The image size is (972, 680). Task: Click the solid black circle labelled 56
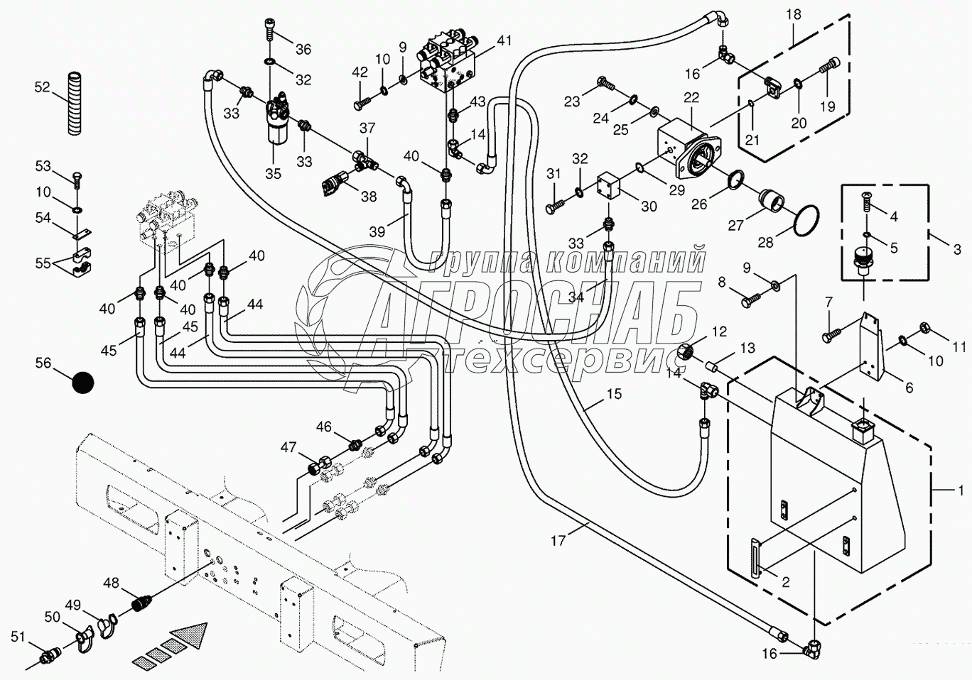pyautogui.click(x=83, y=383)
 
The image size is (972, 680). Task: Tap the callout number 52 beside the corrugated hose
pyautogui.click(x=43, y=87)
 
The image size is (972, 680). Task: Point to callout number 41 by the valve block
pyautogui.click(x=504, y=41)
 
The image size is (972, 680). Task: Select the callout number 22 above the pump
pyautogui.click(x=691, y=98)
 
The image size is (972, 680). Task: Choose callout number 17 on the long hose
pyautogui.click(x=558, y=541)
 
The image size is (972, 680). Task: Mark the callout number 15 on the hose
pyautogui.click(x=614, y=394)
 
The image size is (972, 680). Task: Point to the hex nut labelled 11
pyautogui.click(x=926, y=328)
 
